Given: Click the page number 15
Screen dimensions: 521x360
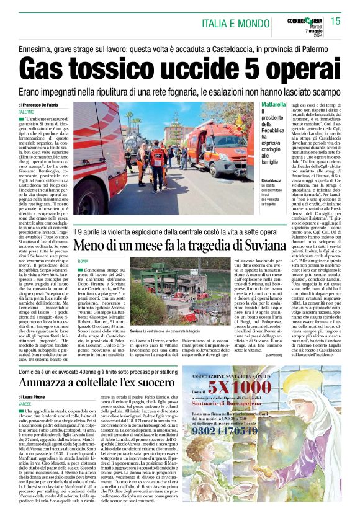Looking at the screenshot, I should pos(336,22).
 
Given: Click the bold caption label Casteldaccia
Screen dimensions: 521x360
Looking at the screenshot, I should pos(275,180).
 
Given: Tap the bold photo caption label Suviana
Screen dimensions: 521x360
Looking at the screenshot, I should pos(140,331).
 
